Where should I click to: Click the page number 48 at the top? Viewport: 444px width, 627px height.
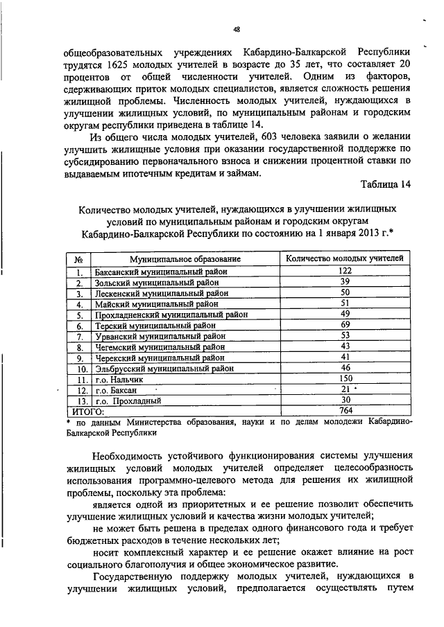click(237, 28)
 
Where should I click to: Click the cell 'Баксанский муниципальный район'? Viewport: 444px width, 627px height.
click(161, 272)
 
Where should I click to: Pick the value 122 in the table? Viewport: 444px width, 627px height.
click(345, 271)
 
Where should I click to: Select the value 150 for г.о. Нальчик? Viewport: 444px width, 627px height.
click(345, 379)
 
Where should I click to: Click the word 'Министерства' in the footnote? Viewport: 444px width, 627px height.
click(160, 421)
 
